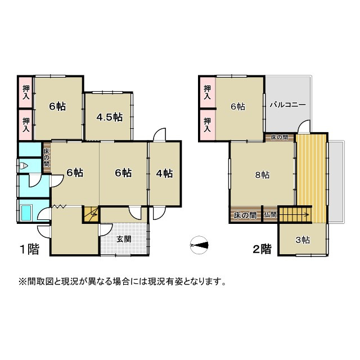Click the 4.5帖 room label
click(x=109, y=117)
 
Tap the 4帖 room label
click(x=164, y=173)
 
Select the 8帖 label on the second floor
click(x=262, y=174)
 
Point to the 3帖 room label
click(x=303, y=240)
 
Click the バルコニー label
click(x=287, y=105)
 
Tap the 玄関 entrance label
click(x=124, y=238)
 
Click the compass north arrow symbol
click(x=199, y=245)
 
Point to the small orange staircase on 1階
click(x=91, y=214)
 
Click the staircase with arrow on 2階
click(x=294, y=214)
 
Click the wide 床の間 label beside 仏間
click(x=245, y=215)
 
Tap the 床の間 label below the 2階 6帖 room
click(x=279, y=137)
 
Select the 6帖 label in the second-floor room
click(x=237, y=106)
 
